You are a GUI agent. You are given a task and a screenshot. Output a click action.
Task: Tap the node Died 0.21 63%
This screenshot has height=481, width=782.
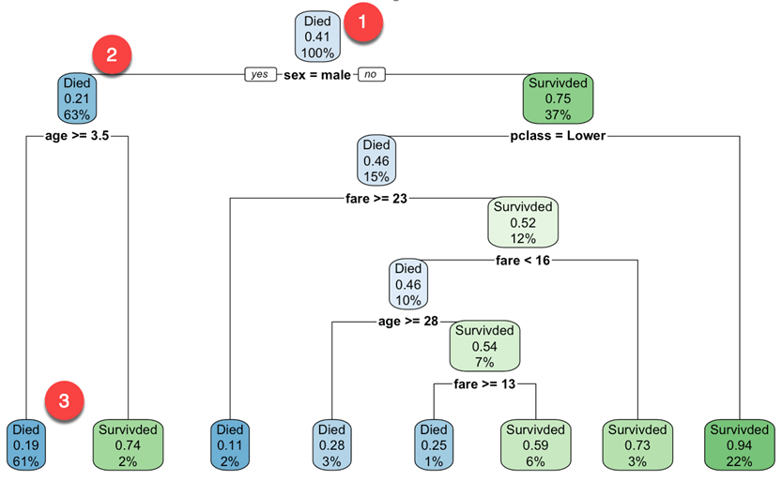pos(76,97)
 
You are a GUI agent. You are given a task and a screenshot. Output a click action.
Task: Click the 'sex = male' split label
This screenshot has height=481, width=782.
pos(316,74)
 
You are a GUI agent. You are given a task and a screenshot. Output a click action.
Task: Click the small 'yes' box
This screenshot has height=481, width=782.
pos(260,74)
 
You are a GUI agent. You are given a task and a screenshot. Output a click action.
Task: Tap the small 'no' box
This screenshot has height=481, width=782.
pos(371,74)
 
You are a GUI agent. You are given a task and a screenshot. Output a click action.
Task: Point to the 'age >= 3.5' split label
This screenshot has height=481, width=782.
pos(77,137)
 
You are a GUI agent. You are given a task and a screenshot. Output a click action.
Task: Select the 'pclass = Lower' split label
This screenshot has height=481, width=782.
pos(558,137)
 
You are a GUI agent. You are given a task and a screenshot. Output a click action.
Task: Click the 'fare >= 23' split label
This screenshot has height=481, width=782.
pos(377,199)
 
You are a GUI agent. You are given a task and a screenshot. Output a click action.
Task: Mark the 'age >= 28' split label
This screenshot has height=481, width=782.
pos(408,322)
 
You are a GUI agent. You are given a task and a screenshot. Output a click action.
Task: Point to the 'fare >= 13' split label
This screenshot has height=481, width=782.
pos(484,383)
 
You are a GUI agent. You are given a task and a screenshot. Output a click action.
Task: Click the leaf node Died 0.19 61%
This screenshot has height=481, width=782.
pos(26,443)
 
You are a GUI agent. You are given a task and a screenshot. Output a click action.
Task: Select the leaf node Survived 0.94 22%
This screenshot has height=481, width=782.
pos(741,443)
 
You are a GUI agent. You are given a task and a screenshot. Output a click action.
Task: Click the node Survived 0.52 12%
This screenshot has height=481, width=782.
pos(522,220)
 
